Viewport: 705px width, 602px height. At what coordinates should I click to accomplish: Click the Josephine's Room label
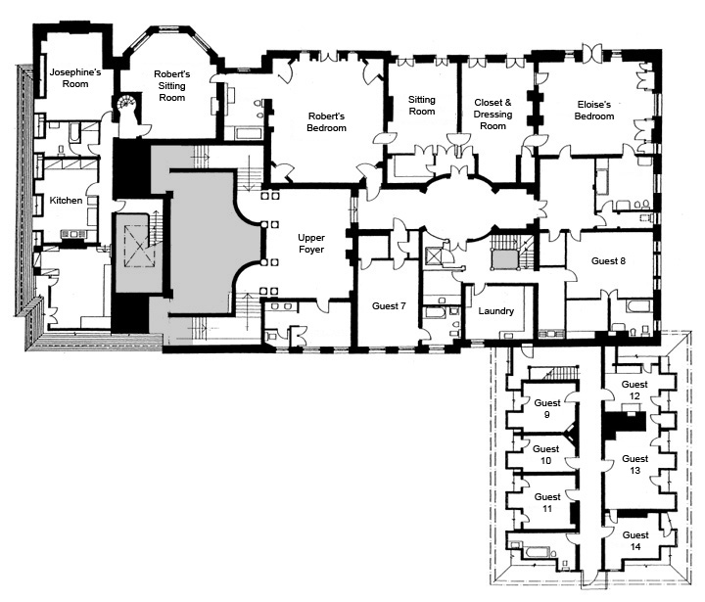click(75, 77)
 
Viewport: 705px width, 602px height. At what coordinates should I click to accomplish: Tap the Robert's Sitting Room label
click(171, 86)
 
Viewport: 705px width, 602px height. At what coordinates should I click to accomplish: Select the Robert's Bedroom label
click(326, 121)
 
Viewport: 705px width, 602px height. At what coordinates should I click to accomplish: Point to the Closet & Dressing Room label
click(493, 115)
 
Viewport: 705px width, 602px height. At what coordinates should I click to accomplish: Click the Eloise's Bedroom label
click(594, 111)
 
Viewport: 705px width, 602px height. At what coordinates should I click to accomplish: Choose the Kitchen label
click(66, 201)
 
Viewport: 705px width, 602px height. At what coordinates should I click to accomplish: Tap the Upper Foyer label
click(311, 243)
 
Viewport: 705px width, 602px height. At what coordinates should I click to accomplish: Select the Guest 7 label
click(389, 306)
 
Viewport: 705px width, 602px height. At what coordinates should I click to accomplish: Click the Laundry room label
click(495, 311)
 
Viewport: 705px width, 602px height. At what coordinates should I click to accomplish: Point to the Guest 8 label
click(608, 260)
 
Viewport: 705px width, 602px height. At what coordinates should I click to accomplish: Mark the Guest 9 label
click(547, 408)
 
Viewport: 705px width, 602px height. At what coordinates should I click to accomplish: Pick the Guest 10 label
click(545, 454)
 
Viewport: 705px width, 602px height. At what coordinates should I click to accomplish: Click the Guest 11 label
click(547, 502)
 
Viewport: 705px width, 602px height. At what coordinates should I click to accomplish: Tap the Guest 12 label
click(634, 390)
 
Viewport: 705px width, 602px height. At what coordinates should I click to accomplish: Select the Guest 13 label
click(634, 464)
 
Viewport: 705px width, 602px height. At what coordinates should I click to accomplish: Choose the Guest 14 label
click(635, 541)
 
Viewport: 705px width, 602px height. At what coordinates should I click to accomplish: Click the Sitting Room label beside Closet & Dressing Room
click(422, 105)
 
